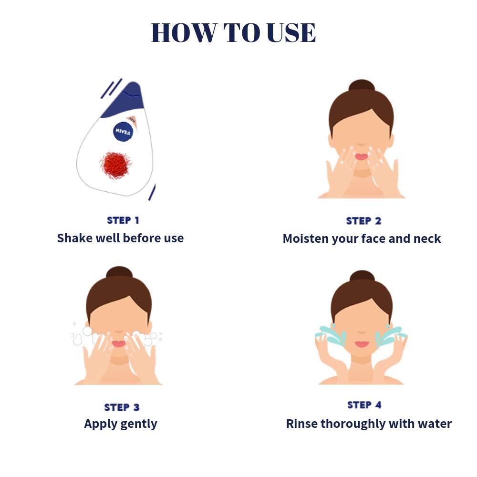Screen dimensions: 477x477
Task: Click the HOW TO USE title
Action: coord(233,32)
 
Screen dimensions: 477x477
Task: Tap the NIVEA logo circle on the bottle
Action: coord(123,132)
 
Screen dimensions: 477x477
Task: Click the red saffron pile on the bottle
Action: coord(115,165)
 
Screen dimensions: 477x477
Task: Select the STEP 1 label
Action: coord(123,220)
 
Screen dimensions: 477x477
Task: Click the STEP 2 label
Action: coord(363,221)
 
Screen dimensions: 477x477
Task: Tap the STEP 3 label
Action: coord(122,407)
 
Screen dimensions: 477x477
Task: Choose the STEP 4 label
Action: coord(364,405)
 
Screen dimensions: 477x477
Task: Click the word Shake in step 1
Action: coord(74,238)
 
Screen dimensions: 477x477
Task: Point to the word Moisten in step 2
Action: coord(306,239)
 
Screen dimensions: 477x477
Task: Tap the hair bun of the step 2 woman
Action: coord(362,85)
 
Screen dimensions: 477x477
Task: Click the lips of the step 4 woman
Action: coord(362,344)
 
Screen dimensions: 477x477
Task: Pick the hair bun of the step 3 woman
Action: coord(119,272)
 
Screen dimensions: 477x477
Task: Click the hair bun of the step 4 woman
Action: coord(362,276)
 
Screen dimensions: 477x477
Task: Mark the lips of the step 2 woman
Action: coord(362,156)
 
